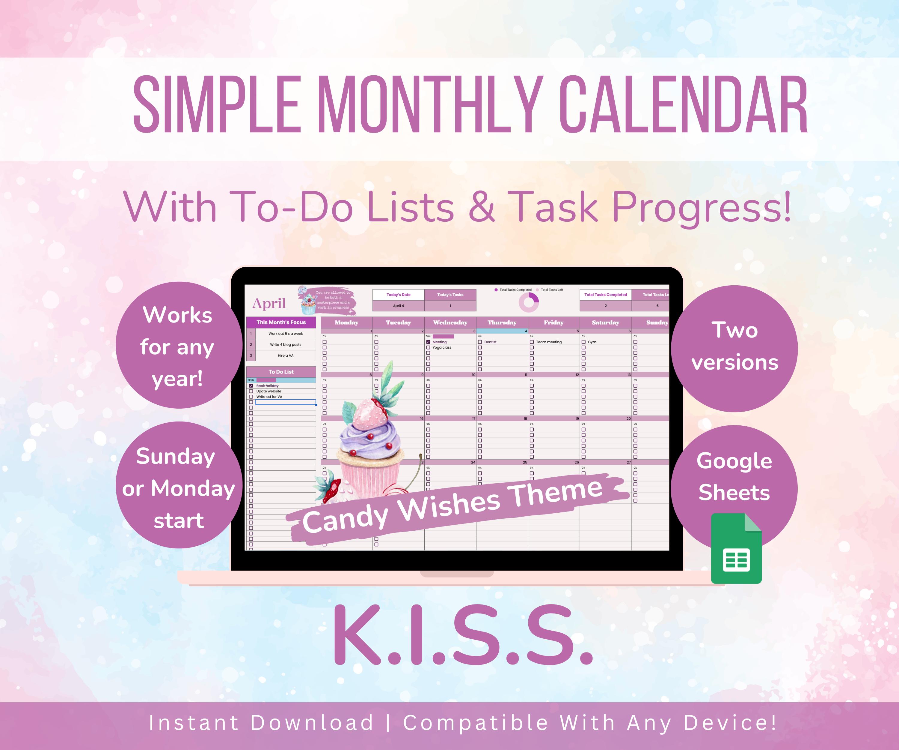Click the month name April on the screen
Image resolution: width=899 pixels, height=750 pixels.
[269, 303]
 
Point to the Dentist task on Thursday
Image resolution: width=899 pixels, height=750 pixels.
[490, 342]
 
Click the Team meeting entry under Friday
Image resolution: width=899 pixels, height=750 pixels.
[548, 342]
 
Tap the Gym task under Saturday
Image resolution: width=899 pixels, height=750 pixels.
[592, 342]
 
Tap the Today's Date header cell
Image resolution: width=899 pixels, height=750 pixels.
[398, 295]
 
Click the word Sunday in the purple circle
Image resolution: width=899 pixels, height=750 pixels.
[176, 456]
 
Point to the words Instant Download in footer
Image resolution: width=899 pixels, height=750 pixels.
[261, 723]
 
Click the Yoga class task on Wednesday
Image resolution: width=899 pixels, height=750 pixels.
[442, 348]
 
